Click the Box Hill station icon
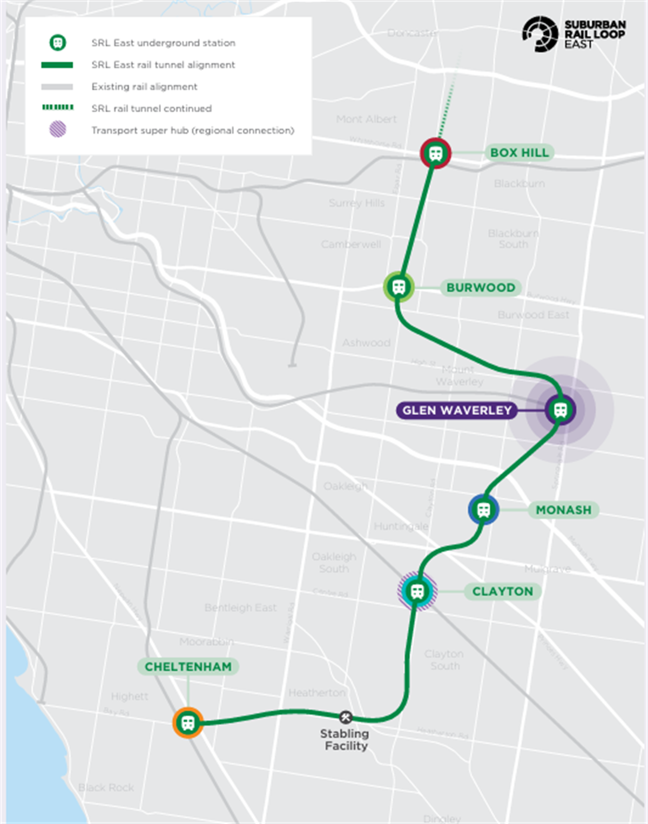[436, 153]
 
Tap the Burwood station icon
[399, 287]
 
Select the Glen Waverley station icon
[561, 410]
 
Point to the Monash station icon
[483, 509]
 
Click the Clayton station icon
[417, 591]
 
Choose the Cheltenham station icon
[188, 722]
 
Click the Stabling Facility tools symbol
[346, 717]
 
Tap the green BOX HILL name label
[519, 153]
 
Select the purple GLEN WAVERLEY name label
[456, 410]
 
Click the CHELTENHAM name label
[188, 667]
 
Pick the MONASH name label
[563, 510]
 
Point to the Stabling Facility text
[345, 740]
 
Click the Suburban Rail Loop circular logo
[539, 34]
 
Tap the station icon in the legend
[58, 43]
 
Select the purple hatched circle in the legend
[58, 130]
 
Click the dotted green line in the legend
[58, 107]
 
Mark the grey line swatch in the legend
[57, 86]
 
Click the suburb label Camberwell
[350, 245]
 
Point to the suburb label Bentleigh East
[240, 608]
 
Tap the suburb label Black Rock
[106, 787]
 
